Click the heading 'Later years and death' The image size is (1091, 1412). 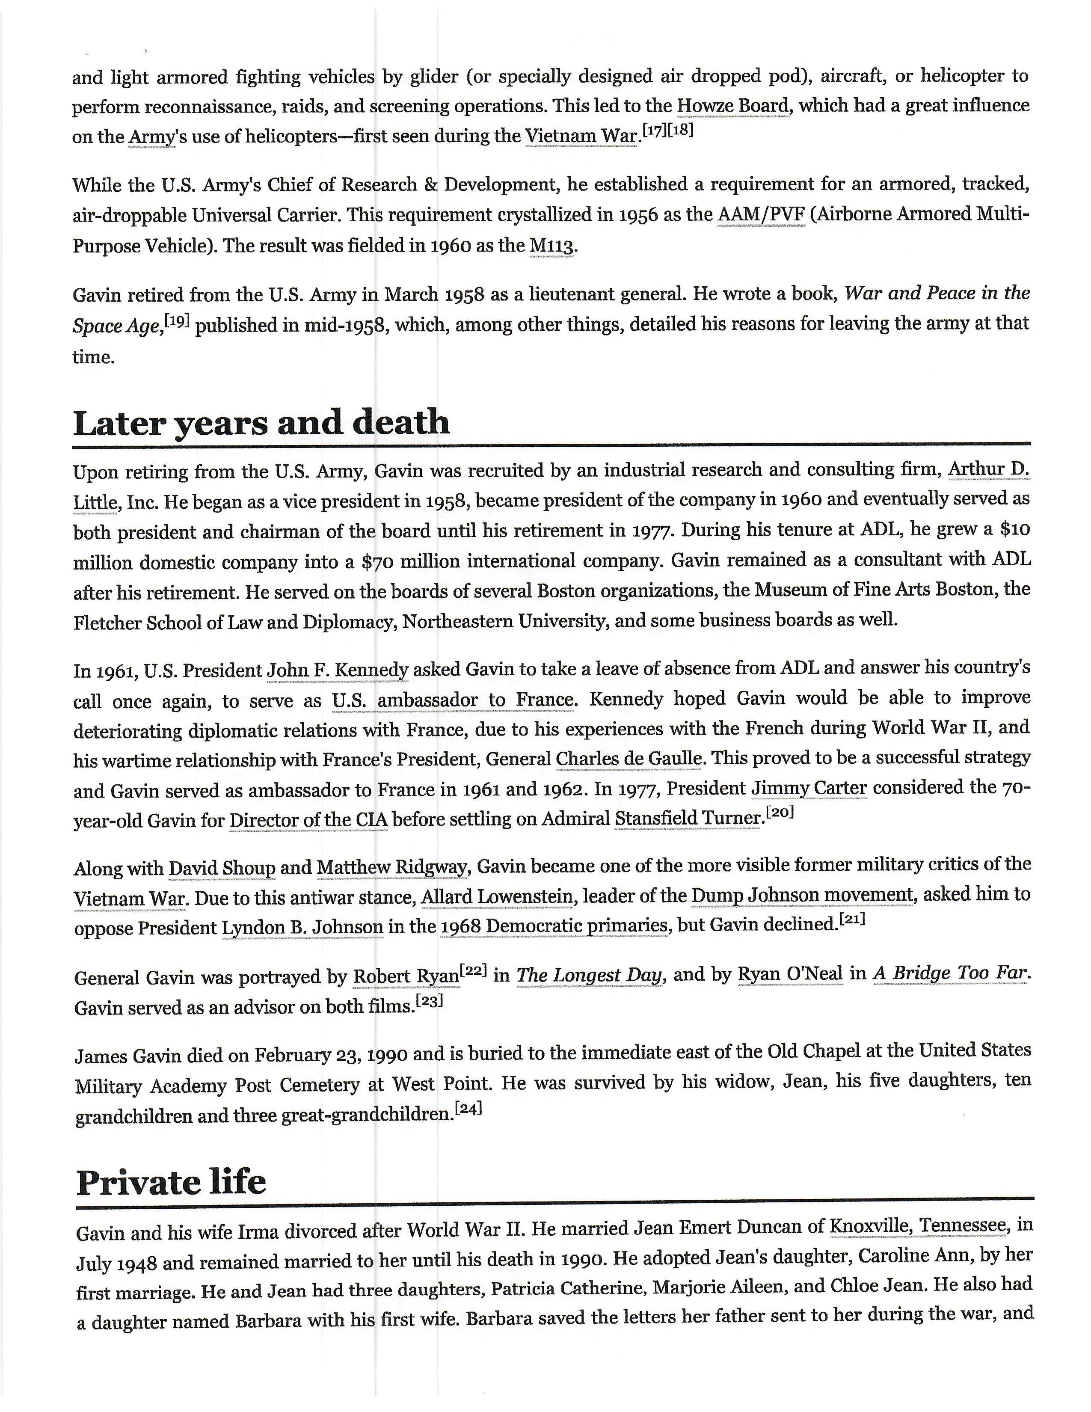click(x=261, y=424)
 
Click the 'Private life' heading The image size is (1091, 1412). click(x=171, y=1183)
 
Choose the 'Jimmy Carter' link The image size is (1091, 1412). click(x=809, y=789)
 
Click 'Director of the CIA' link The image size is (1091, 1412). click(x=309, y=820)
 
